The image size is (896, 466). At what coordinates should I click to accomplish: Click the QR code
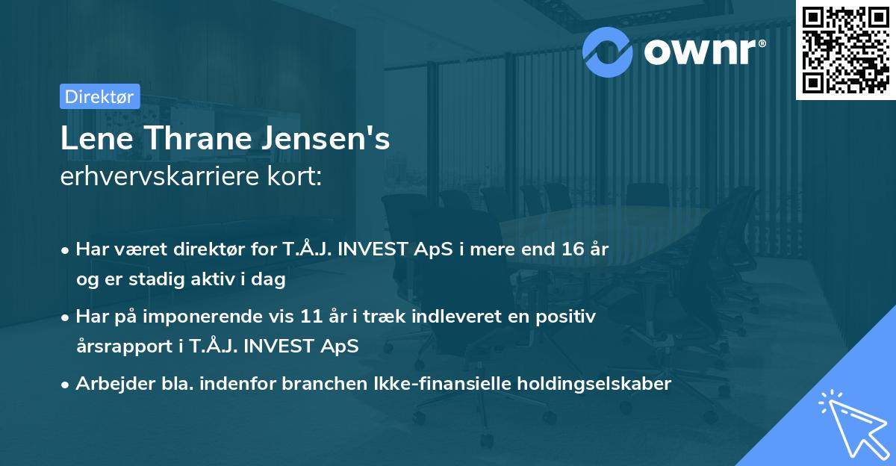click(x=844, y=49)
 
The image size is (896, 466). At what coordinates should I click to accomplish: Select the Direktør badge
click(x=99, y=96)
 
